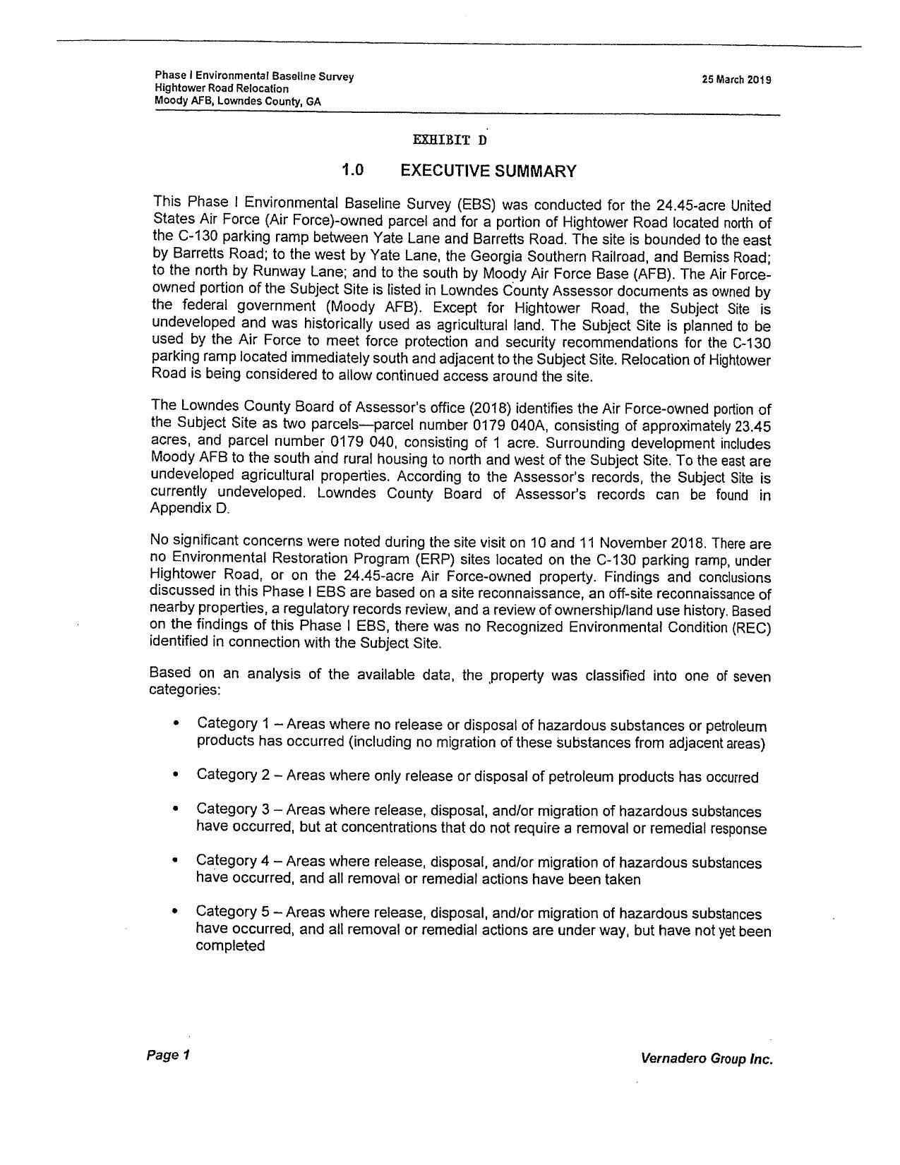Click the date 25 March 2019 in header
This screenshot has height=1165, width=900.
point(736,80)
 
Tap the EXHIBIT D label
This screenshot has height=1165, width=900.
point(450,140)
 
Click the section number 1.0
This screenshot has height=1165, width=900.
point(352,170)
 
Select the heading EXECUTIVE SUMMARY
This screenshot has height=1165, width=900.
point(488,171)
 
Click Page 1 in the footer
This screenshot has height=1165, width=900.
point(168,1056)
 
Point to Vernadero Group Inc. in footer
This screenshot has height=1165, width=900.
point(706,1058)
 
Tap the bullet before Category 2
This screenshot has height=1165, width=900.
point(175,775)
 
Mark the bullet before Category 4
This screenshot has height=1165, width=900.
point(175,861)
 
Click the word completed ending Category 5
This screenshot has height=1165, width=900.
point(230,946)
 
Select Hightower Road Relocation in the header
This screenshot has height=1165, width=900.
point(222,89)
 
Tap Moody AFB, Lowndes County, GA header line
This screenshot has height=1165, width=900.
point(237,101)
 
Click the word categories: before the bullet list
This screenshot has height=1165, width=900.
point(184,689)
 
